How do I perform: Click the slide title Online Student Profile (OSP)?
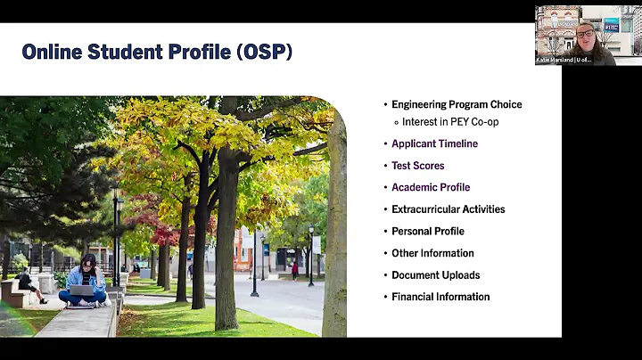tap(157, 52)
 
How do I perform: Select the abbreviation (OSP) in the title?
tap(265, 52)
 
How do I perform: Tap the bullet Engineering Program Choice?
tap(457, 104)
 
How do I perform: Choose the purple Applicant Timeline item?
tap(434, 143)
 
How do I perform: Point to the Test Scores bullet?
tap(417, 166)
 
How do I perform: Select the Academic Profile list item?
tap(431, 187)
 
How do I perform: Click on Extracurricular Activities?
tap(448, 209)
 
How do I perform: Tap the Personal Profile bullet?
tap(428, 231)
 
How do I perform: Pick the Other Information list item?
tap(432, 253)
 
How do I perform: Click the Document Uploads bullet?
tap(435, 274)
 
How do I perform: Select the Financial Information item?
tap(440, 297)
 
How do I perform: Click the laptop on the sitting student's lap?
tap(81, 290)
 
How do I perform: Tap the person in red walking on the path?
tap(294, 269)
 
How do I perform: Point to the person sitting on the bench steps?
tap(29, 287)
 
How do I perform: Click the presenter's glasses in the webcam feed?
tap(585, 34)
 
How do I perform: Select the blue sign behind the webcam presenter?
tap(612, 25)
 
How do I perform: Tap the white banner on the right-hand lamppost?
tap(316, 244)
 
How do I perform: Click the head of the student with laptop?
tap(88, 261)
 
